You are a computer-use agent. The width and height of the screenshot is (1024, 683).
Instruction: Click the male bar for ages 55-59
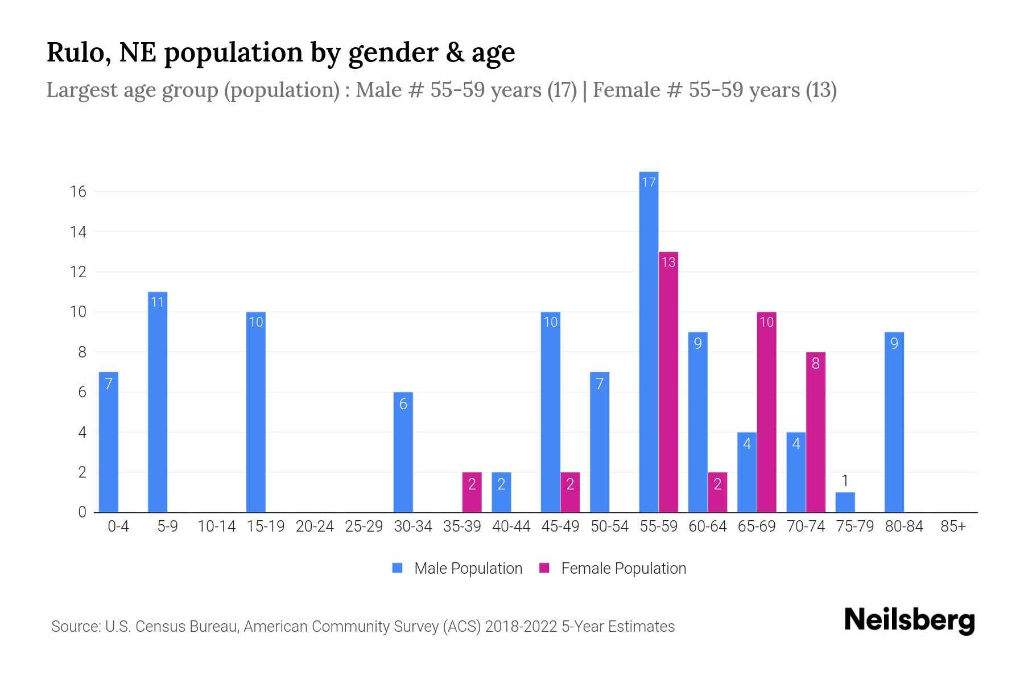click(649, 341)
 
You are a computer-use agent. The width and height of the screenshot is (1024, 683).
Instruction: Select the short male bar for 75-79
click(845, 503)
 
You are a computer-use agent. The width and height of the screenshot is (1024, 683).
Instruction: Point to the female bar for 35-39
click(472, 492)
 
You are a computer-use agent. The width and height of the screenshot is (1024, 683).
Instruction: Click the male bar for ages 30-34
click(403, 452)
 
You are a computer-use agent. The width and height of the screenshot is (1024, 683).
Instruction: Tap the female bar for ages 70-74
click(815, 433)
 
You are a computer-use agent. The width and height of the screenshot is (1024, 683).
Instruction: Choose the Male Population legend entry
click(458, 569)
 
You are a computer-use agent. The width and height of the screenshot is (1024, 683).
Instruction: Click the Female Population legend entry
click(613, 569)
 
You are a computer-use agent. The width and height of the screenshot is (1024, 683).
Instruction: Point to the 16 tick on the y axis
click(78, 192)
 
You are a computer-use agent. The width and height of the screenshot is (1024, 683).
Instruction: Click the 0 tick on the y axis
click(82, 512)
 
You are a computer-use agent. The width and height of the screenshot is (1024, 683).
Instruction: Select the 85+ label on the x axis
click(953, 526)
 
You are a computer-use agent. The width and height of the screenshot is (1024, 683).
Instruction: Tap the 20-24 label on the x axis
click(315, 526)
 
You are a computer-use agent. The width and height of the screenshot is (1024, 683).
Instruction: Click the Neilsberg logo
click(909, 620)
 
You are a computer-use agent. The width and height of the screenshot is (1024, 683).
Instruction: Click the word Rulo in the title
click(79, 52)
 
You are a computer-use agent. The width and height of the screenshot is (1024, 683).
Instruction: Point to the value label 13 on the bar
click(668, 262)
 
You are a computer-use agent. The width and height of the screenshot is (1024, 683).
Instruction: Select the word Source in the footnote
click(75, 627)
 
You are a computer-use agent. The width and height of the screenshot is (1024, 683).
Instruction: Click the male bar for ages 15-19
click(256, 412)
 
